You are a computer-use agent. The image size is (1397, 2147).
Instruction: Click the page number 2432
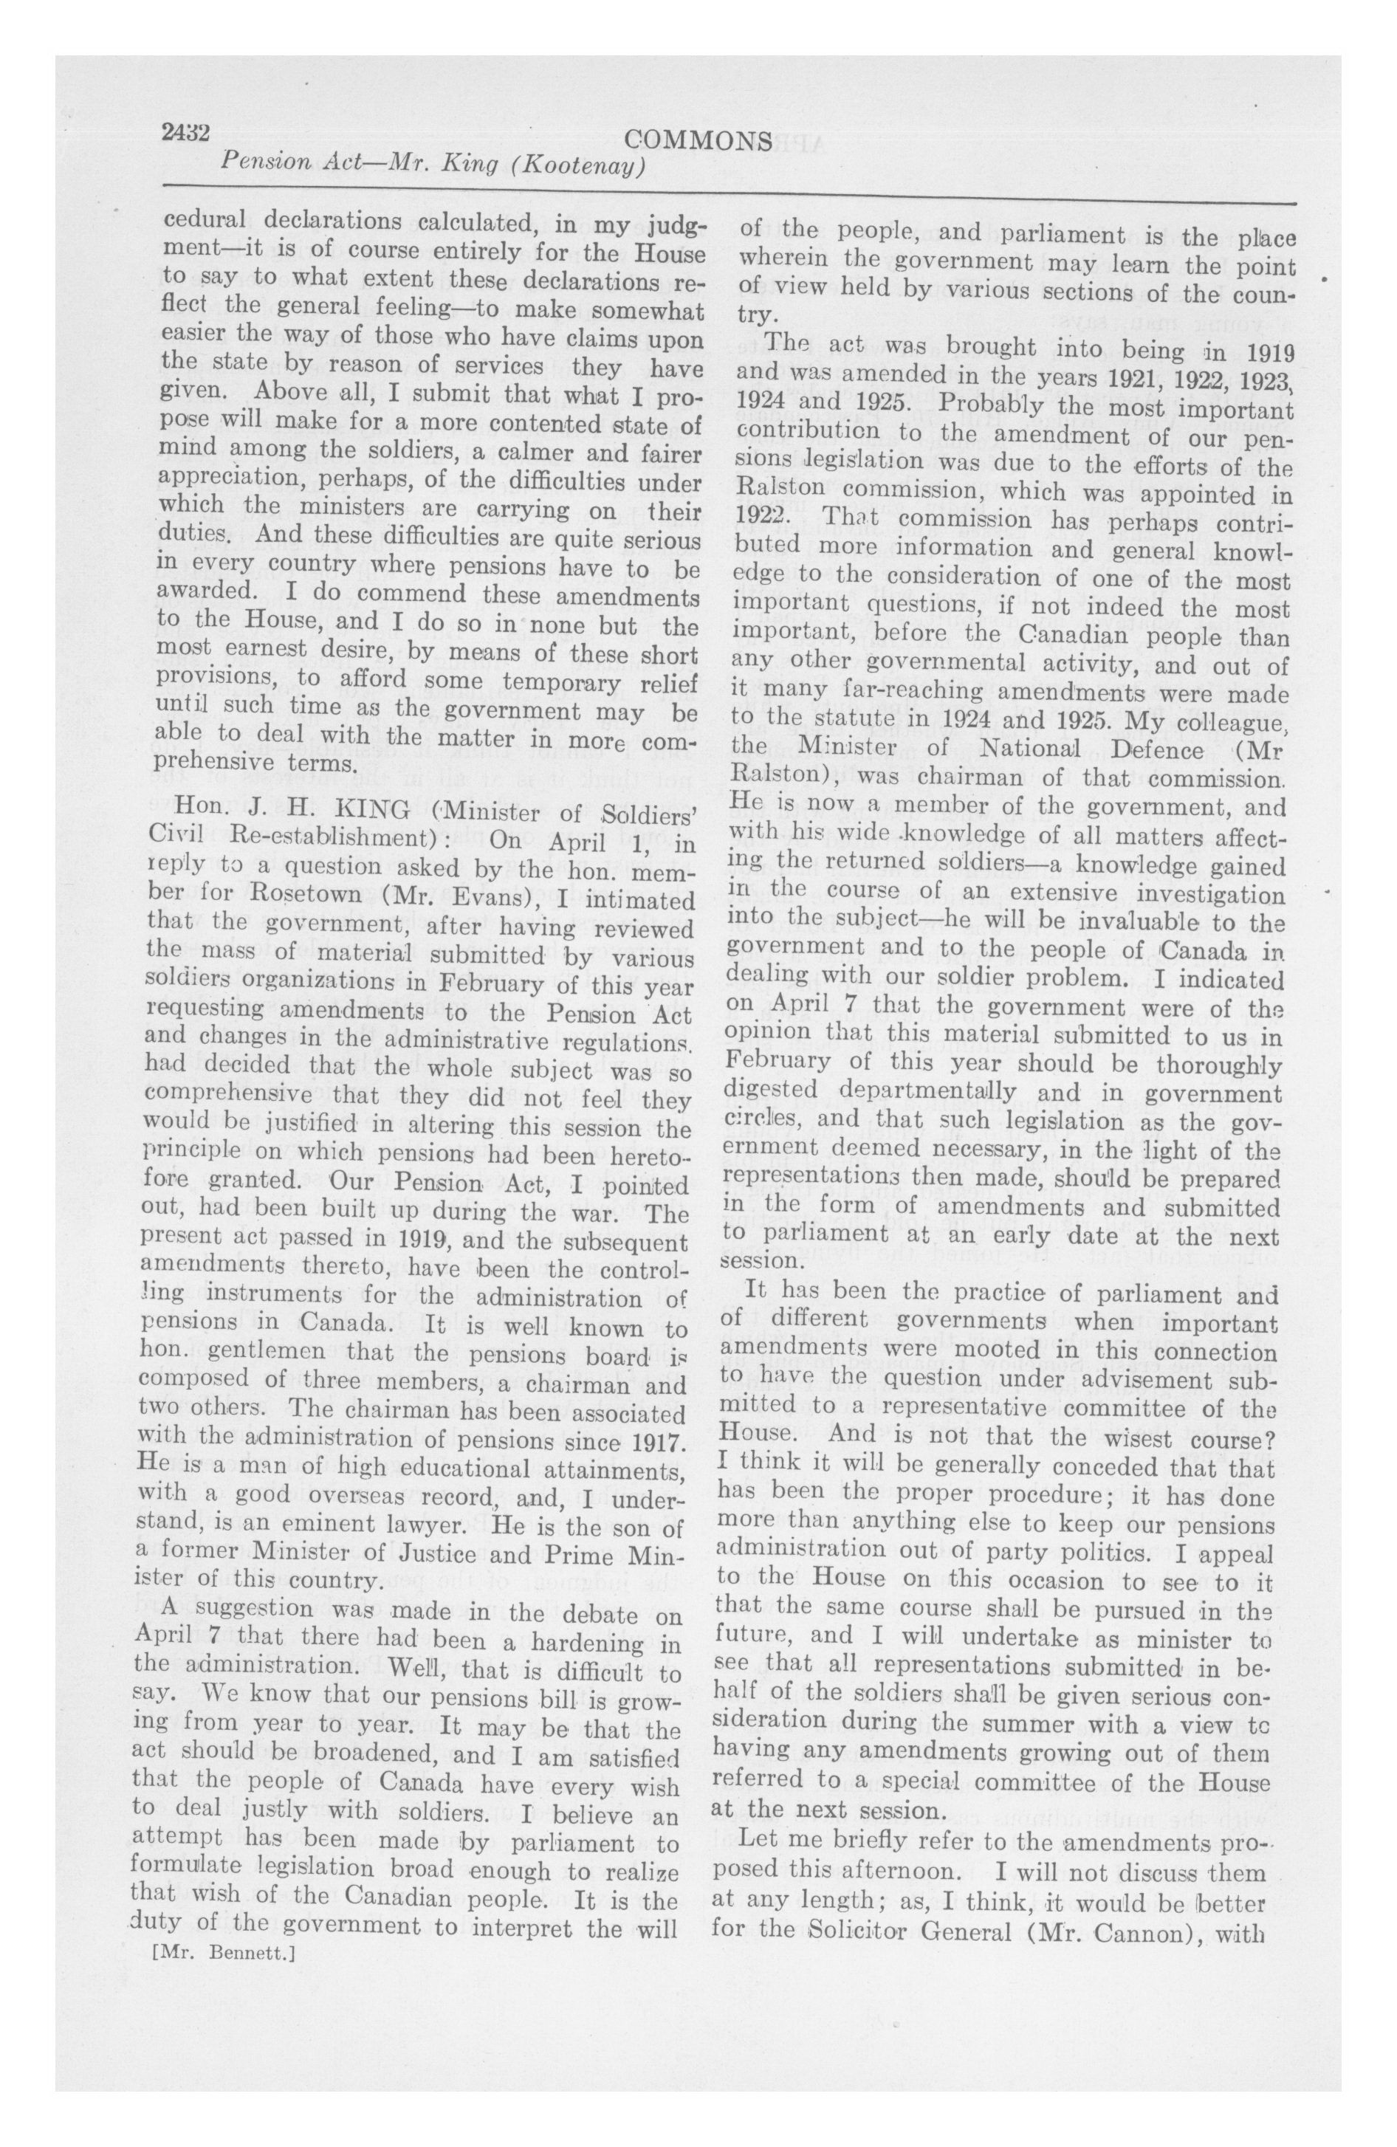pos(186,133)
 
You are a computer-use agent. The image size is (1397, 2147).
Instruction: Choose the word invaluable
pos(1097,923)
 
